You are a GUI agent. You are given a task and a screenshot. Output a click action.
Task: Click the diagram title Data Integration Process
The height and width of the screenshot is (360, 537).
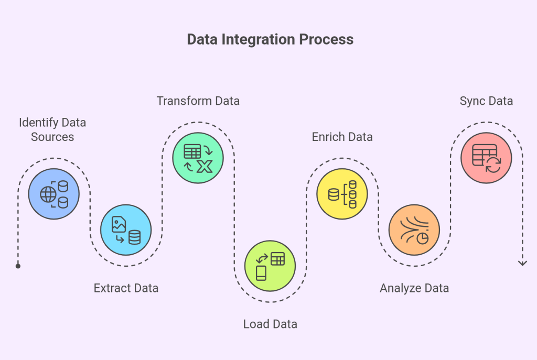pos(270,40)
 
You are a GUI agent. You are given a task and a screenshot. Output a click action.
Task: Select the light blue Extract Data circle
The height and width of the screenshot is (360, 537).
pos(126,230)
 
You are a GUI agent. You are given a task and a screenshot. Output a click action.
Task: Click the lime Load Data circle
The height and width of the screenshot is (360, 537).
pos(270,266)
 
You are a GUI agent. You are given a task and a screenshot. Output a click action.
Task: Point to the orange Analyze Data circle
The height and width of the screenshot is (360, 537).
pos(414,230)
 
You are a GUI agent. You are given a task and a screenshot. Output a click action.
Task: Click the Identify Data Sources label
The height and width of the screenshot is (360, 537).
pos(52,129)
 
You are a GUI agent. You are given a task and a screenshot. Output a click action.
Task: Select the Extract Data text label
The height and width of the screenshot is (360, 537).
pos(126,288)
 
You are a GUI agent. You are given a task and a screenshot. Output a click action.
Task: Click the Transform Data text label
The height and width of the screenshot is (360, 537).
pos(198,101)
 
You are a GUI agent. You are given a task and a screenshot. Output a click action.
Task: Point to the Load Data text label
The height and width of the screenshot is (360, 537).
pos(270,324)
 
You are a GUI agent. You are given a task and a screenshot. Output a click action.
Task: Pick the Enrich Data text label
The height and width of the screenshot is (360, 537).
pos(342,137)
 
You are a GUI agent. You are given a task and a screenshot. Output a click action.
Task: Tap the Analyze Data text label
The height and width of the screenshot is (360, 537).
pos(414,288)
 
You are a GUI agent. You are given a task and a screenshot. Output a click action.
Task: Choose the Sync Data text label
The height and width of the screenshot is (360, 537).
pos(486,101)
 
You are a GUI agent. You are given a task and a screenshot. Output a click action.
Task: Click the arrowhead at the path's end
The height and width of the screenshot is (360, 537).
pos(522,263)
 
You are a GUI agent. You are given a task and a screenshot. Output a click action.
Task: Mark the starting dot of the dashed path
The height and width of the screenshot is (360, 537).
pos(18,266)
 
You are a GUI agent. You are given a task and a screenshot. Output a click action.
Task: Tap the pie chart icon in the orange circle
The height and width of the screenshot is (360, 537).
pos(422,238)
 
